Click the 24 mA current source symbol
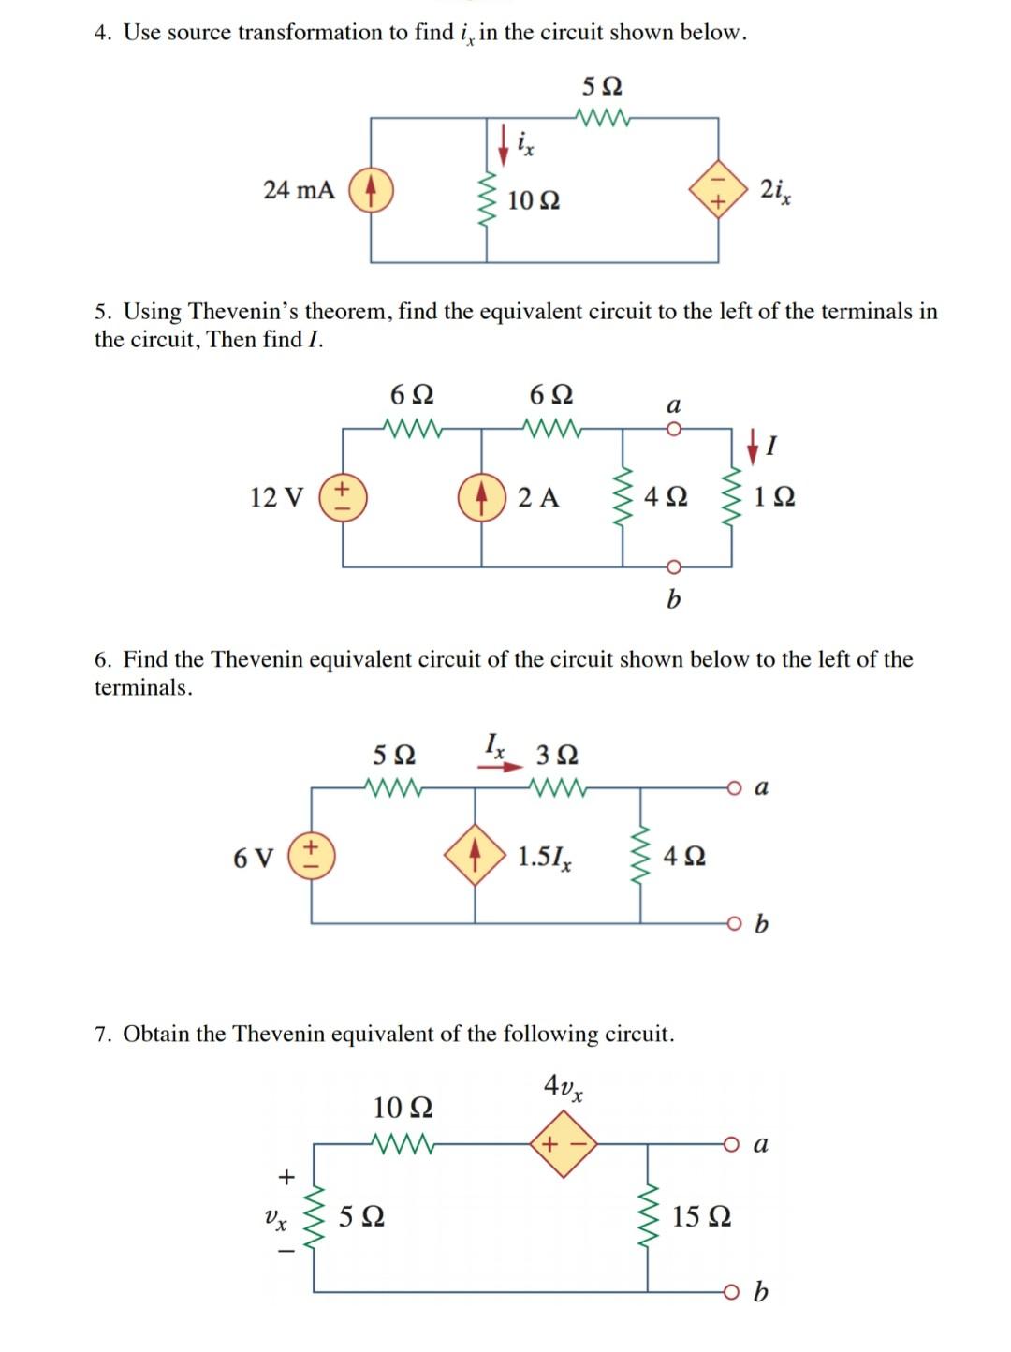(371, 190)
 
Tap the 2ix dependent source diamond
(719, 190)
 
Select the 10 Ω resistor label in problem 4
(534, 200)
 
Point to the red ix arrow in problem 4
(504, 141)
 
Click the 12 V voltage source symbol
(343, 496)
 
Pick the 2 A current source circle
(481, 496)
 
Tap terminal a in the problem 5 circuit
(671, 429)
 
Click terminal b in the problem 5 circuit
(671, 566)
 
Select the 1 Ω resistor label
(774, 497)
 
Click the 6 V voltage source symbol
(312, 857)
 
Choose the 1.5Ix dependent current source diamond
(476, 857)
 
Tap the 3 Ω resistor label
(557, 755)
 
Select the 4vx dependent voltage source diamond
(564, 1143)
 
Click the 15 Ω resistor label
(701, 1217)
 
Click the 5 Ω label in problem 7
(360, 1217)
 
